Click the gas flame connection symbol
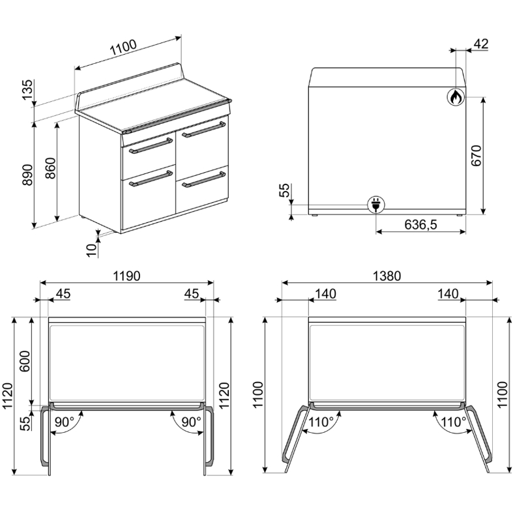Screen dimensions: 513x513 (x=456, y=97)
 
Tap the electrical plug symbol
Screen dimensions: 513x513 (x=376, y=205)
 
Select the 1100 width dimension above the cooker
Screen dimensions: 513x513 (x=123, y=48)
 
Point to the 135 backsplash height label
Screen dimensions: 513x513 (x=27, y=90)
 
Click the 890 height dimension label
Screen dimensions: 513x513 (x=27, y=175)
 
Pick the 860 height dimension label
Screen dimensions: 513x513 (x=50, y=168)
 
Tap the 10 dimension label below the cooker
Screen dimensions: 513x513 (x=93, y=250)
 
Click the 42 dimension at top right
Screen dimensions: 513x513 (x=481, y=44)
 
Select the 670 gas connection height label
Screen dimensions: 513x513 (x=477, y=156)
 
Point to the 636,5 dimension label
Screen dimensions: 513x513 (x=420, y=225)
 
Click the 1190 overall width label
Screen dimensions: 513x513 (x=126, y=276)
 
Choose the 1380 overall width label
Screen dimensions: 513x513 (x=387, y=276)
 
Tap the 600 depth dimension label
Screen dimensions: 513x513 (x=25, y=361)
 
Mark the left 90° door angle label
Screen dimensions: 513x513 (x=65, y=422)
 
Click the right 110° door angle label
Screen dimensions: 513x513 (x=453, y=422)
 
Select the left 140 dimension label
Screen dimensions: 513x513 (x=325, y=294)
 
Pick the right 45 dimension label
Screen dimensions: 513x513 (x=192, y=294)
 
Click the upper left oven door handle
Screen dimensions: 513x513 (x=151, y=146)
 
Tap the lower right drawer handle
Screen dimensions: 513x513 (x=204, y=180)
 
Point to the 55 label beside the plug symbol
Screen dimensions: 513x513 (x=284, y=190)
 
